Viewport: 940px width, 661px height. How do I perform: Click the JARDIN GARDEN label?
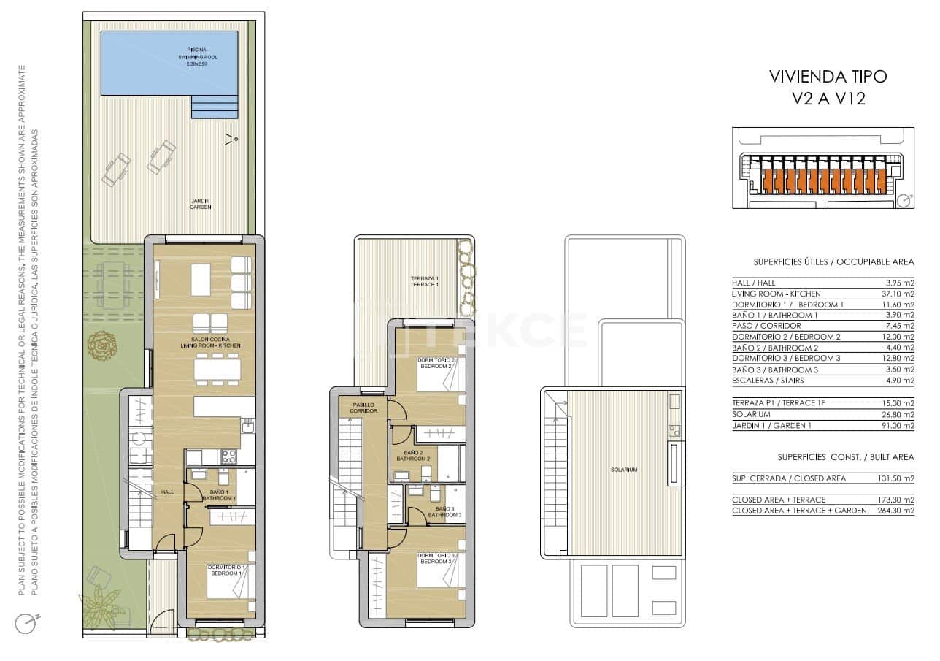click(x=200, y=204)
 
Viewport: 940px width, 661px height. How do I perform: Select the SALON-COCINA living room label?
click(x=210, y=343)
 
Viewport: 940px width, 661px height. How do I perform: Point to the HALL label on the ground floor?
click(x=168, y=492)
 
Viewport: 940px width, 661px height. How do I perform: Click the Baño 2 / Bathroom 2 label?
click(x=413, y=456)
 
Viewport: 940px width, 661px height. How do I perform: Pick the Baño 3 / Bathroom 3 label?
click(x=444, y=511)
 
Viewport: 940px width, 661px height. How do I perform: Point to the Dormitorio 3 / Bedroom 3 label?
click(x=436, y=559)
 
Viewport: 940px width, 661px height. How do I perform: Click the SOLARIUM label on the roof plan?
click(x=625, y=470)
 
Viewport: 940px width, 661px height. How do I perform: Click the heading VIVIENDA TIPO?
click(x=828, y=76)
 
